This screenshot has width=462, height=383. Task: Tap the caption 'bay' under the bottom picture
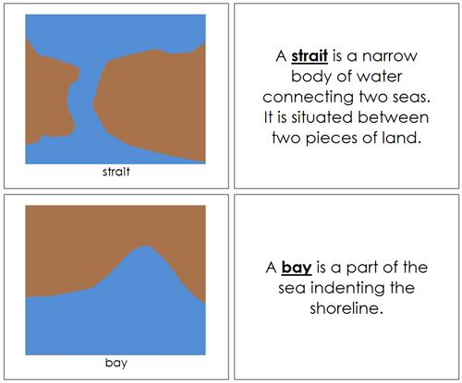click(x=115, y=363)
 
